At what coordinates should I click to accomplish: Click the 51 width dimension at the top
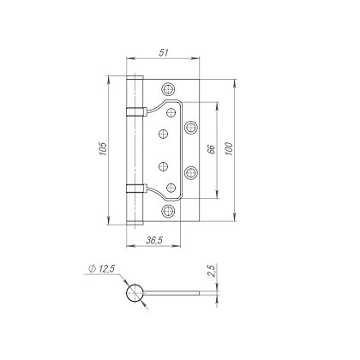164,52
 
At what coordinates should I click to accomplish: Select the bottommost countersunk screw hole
169,210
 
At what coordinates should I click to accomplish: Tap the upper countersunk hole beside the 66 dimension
191,126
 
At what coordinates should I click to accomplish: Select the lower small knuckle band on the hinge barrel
133,188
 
